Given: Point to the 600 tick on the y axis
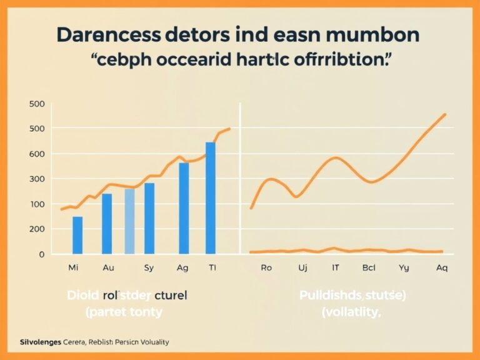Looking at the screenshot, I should (37, 154).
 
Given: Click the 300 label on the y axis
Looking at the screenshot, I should (37, 179).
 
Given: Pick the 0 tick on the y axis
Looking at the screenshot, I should (41, 254).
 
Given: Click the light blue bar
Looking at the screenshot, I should (129, 221).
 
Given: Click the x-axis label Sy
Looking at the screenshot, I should (149, 267).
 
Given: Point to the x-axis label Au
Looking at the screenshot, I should (107, 267).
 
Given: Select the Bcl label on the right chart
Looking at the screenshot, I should (368, 267).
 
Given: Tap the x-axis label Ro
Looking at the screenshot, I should (266, 267).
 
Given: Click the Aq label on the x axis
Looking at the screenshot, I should (441, 267).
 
